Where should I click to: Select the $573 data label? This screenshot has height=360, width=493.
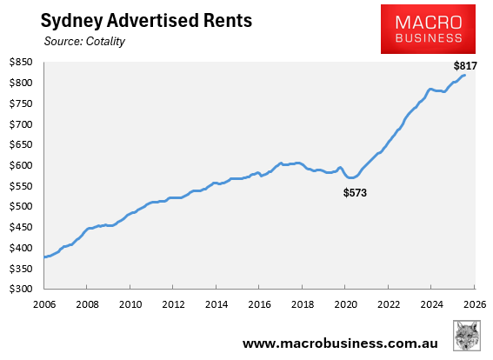pos(354,192)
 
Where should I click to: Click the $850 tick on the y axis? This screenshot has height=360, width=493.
pos(21,63)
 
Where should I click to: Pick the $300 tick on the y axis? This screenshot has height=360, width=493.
pos(21,290)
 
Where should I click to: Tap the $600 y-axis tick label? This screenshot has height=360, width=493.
pos(21,166)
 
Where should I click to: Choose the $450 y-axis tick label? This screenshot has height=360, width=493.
pos(21,228)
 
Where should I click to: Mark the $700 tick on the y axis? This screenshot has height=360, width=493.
pos(21,124)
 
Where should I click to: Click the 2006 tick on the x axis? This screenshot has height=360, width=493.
pos(44,305)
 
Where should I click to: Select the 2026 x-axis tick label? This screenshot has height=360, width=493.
pos(473,305)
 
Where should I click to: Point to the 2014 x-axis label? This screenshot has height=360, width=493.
pos(216,305)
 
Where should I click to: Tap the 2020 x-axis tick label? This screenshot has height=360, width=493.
pos(344,305)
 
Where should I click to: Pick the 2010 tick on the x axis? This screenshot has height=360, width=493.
pos(130,305)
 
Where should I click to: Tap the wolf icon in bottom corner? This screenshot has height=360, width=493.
pos(469,337)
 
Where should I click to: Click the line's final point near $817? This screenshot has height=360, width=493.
pos(465,76)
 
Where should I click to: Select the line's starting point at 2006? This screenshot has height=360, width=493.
pos(44,257)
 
